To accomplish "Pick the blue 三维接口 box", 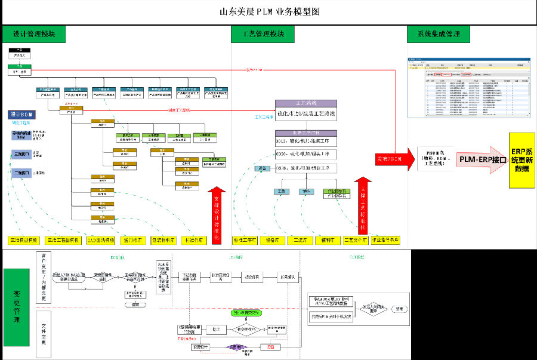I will tap(23, 153).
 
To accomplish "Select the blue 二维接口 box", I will tap(23, 173).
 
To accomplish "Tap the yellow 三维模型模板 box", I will tap(24, 240).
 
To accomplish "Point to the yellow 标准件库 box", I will tap(195, 240).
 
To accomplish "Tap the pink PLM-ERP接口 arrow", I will tap(481, 159).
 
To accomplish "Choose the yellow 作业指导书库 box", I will tap(385, 240).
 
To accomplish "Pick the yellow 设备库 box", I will tap(273, 240).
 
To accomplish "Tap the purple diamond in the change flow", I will tap(236, 347).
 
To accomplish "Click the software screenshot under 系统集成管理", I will tap(468, 88).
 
